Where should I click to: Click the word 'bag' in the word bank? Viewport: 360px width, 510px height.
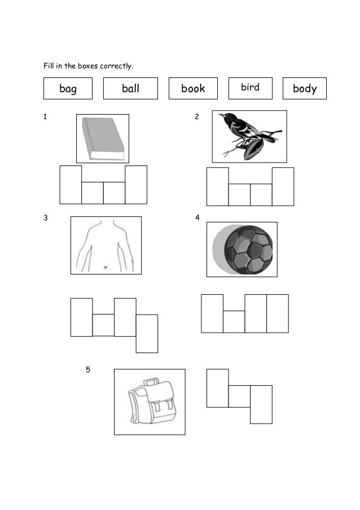pyautogui.click(x=68, y=89)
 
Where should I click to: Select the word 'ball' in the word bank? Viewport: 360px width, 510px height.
pyautogui.click(x=130, y=89)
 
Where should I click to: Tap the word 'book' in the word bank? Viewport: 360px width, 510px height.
pyautogui.click(x=193, y=89)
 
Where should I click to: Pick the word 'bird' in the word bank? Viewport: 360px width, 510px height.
pyautogui.click(x=250, y=88)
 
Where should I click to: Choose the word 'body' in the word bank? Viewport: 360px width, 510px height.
pyautogui.click(x=305, y=89)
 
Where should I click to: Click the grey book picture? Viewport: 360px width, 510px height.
pyautogui.click(x=102, y=138)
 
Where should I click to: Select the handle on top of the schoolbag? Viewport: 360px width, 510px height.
pyautogui.click(x=151, y=382)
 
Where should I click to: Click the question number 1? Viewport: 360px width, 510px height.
pyautogui.click(x=45, y=117)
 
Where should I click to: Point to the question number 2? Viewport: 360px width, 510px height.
pyautogui.click(x=196, y=117)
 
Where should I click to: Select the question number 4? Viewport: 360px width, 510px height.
pyautogui.click(x=197, y=217)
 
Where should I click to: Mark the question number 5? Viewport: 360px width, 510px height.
pyautogui.click(x=87, y=370)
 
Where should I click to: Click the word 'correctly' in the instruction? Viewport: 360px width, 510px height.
pyautogui.click(x=116, y=67)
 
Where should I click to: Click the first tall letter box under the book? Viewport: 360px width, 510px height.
pyautogui.click(x=71, y=185)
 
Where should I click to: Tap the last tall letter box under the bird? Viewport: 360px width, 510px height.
pyautogui.click(x=283, y=186)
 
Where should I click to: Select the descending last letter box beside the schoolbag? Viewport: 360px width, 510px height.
pyautogui.click(x=261, y=404)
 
